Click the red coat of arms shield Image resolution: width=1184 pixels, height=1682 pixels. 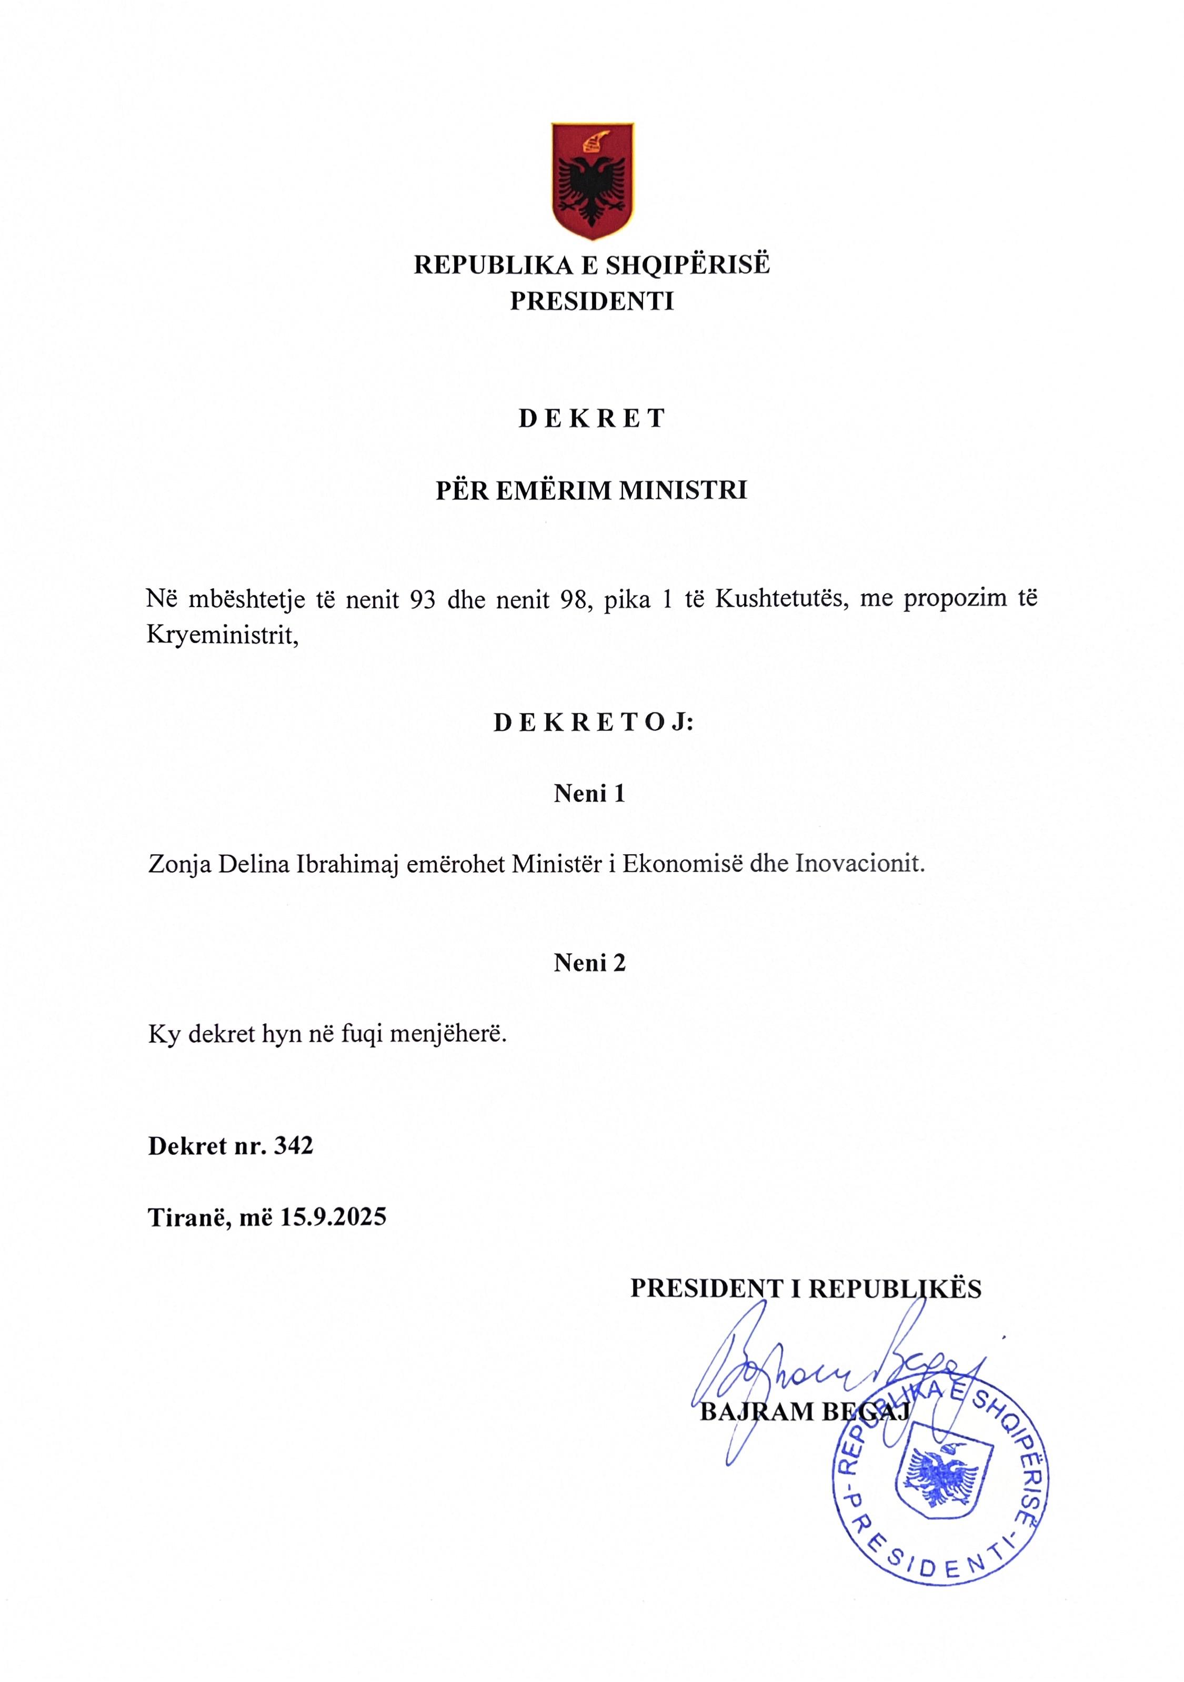click(591, 180)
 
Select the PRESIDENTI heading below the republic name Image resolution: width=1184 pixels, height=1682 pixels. click(591, 301)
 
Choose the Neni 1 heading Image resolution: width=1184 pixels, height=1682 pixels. click(589, 794)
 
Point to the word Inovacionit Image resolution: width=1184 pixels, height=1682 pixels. click(860, 865)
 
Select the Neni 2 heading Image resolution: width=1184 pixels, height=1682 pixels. click(589, 963)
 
